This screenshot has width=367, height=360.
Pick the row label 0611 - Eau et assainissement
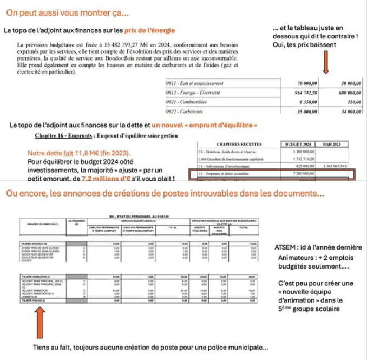point(195,83)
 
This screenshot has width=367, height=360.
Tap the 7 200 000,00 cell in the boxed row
point(302,175)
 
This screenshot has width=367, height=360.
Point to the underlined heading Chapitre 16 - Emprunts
point(70,135)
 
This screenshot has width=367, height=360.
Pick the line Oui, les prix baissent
point(307,44)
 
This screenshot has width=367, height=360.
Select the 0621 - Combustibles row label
point(187,102)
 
